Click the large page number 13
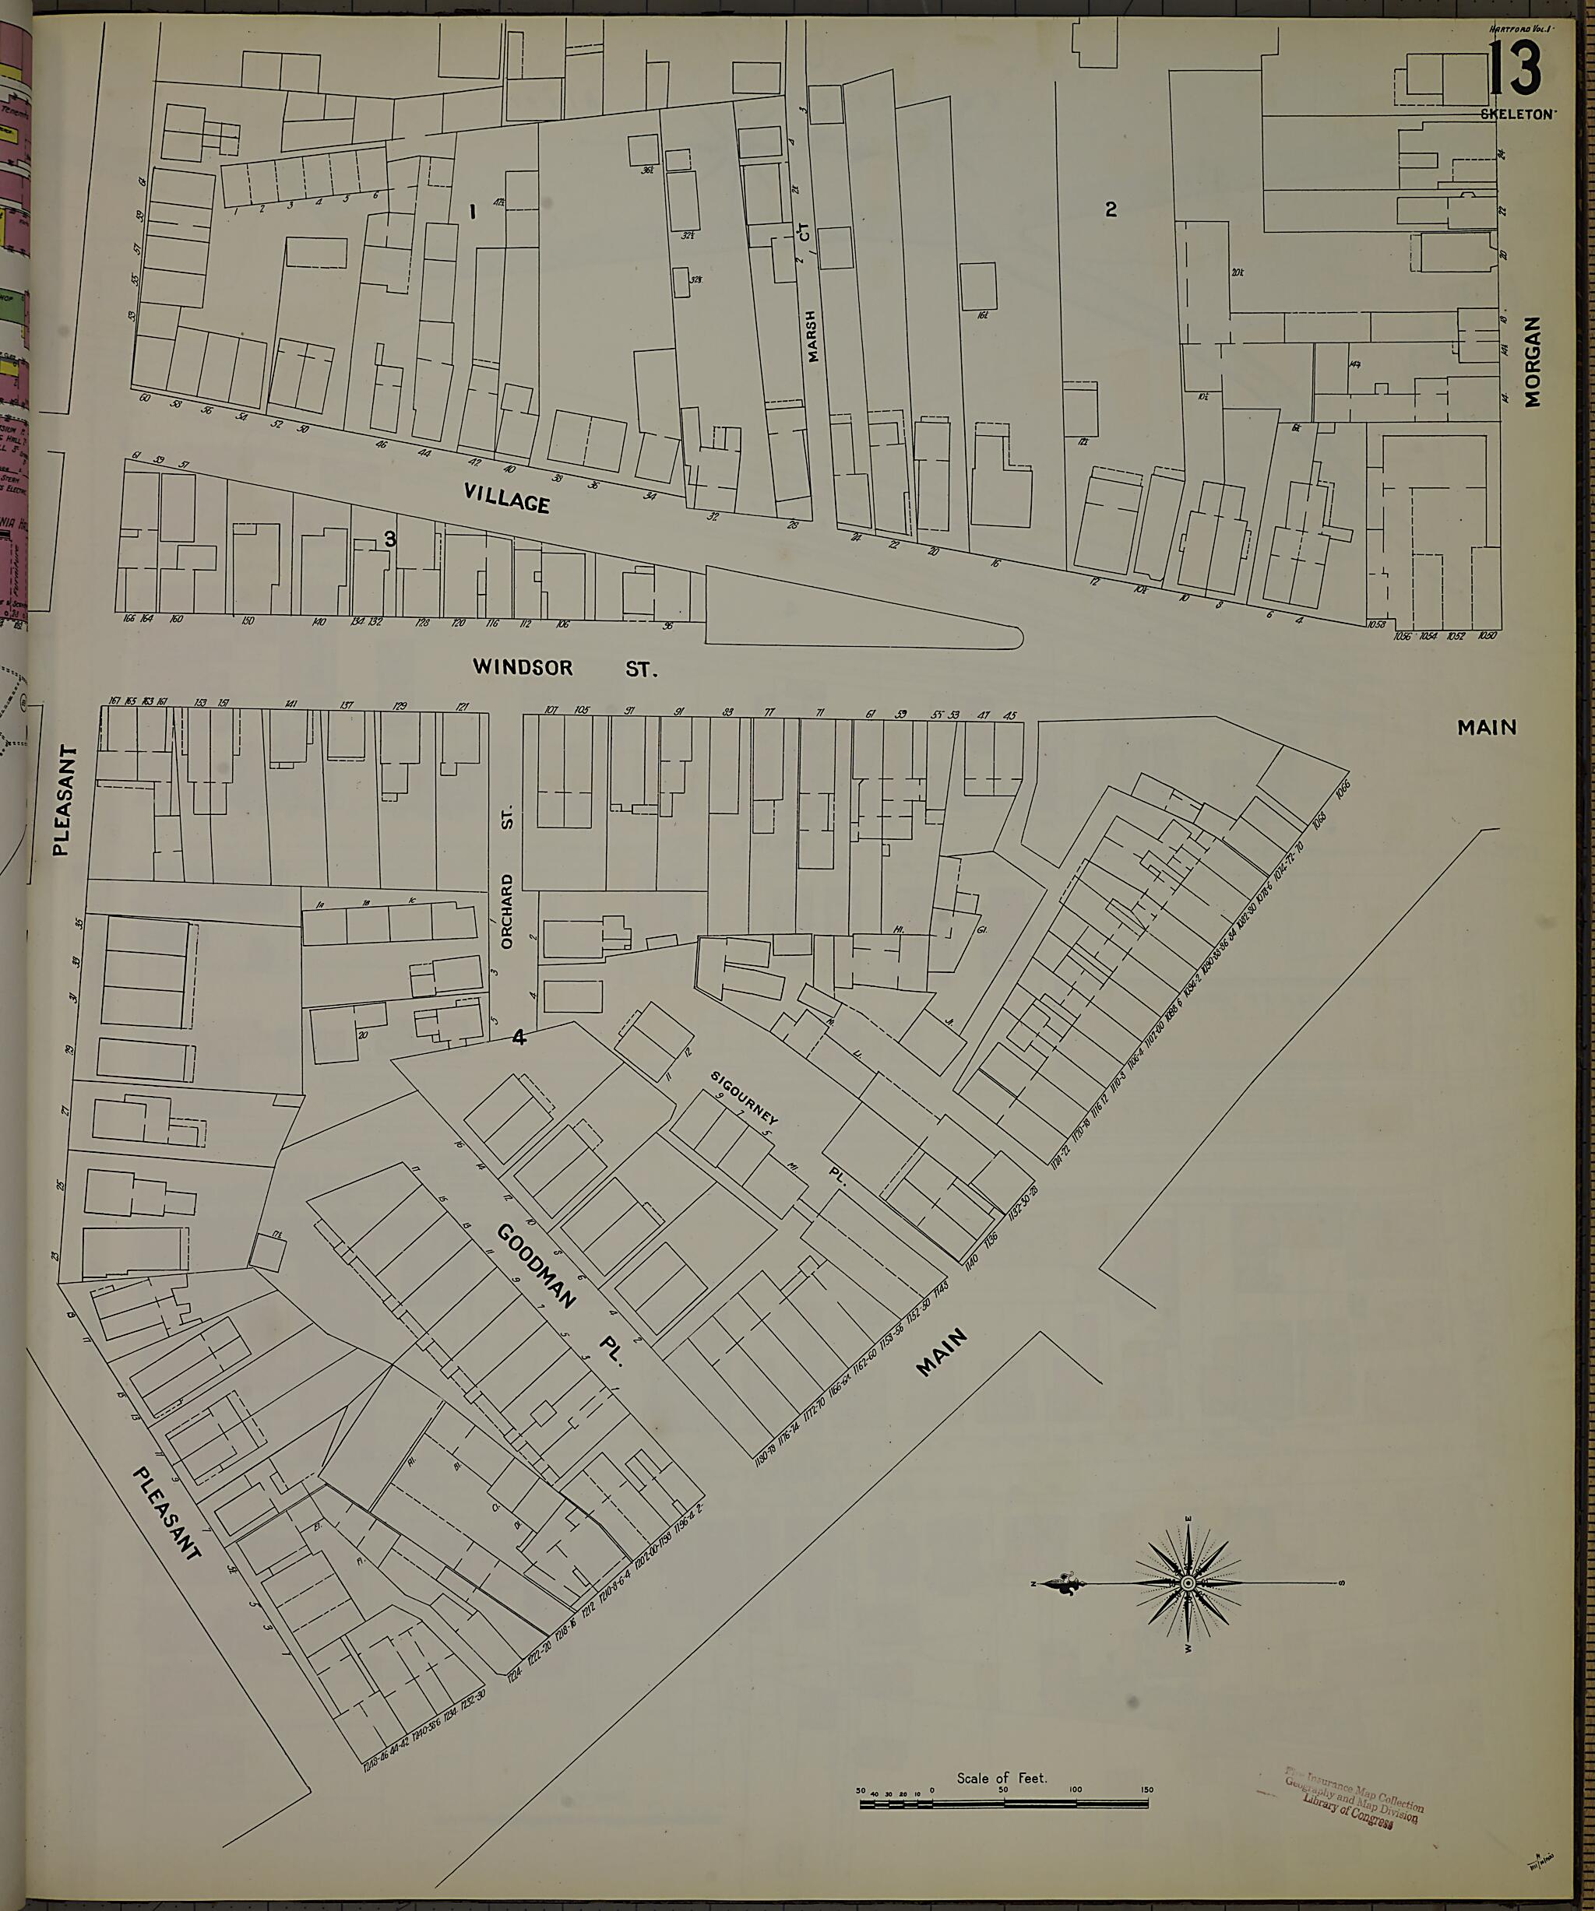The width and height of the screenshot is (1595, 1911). pyautogui.click(x=1516, y=70)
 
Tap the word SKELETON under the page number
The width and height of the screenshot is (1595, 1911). pyautogui.click(x=1519, y=114)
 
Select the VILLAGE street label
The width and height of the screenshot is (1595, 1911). pyautogui.click(x=507, y=497)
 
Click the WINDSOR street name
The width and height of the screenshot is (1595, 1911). pyautogui.click(x=523, y=667)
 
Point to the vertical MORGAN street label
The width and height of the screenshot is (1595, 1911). pyautogui.click(x=1533, y=361)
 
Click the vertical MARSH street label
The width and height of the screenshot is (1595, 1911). pyautogui.click(x=812, y=335)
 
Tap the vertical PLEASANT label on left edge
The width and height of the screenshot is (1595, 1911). pyautogui.click(x=62, y=801)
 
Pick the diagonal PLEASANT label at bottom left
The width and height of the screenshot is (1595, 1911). pyautogui.click(x=167, y=1513)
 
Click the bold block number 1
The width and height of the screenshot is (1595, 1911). pyautogui.click(x=473, y=212)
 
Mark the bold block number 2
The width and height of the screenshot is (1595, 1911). pyautogui.click(x=1111, y=209)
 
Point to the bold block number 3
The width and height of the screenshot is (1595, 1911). pyautogui.click(x=389, y=539)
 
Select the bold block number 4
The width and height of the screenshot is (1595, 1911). pyautogui.click(x=519, y=1037)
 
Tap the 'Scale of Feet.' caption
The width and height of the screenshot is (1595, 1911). pyautogui.click(x=1002, y=1777)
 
